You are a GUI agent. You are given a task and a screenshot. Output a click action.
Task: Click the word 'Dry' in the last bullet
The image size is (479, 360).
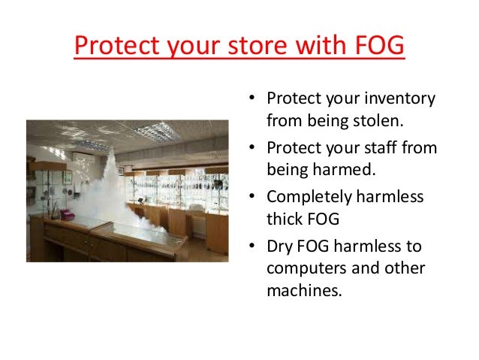(x=279, y=247)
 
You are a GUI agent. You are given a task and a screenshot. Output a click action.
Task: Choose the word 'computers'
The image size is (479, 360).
(x=303, y=268)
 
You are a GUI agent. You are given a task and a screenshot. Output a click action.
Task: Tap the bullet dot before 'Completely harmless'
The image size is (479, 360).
(x=253, y=198)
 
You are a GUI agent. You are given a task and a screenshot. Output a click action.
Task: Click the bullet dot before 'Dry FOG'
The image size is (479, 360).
(x=253, y=247)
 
